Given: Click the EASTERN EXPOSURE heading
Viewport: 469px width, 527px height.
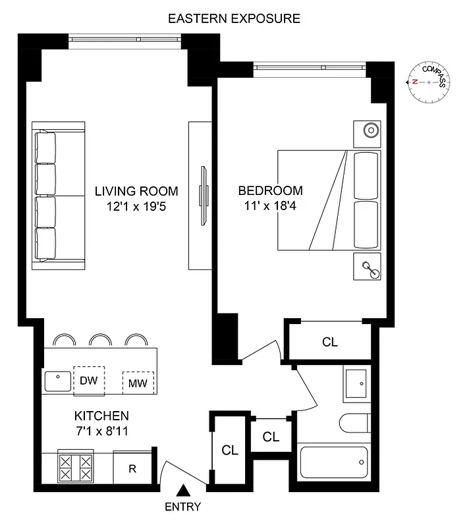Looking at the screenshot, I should tap(234, 18).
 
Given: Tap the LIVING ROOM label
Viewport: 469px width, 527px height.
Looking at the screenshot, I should tap(136, 192).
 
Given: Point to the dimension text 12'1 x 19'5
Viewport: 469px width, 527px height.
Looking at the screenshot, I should tap(136, 207).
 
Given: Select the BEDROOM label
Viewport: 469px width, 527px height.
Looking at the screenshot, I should tap(270, 191).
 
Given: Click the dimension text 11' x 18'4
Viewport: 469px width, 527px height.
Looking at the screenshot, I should tap(270, 206).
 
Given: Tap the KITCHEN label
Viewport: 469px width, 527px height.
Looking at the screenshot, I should tap(101, 416).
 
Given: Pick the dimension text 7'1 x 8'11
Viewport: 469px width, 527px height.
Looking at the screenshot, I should tap(101, 431).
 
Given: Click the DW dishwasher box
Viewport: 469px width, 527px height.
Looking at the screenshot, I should tap(88, 381).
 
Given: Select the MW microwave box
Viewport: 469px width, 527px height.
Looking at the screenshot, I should tap(138, 382).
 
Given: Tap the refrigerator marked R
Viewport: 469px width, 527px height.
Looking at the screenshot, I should tap(132, 468).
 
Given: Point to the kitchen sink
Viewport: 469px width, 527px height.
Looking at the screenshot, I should tap(58, 380).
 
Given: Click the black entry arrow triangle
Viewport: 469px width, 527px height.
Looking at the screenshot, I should tap(185, 490).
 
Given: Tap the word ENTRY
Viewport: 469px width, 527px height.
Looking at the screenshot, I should tap(182, 507).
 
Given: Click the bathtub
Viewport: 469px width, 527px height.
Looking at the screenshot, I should tap(335, 463).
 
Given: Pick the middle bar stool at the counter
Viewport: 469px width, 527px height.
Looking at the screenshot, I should tap(100, 340).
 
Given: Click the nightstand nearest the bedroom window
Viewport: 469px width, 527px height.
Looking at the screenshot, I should tap(367, 130).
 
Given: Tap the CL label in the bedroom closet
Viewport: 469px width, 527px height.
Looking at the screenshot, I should tap(330, 342).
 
